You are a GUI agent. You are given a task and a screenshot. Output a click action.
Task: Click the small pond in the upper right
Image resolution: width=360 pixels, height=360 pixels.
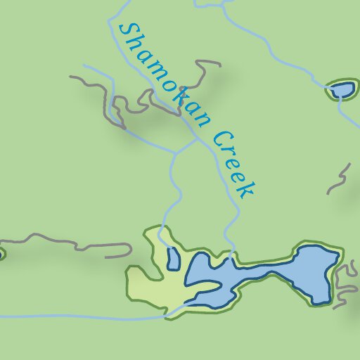coord(342,89)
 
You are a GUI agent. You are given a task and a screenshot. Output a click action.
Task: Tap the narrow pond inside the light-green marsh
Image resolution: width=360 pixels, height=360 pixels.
coord(172,259)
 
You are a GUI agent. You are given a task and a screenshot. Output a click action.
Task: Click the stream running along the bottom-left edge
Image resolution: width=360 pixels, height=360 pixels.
coord(70,316)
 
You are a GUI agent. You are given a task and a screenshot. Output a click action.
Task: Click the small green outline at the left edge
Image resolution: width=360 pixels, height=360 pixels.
coord(2,253)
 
